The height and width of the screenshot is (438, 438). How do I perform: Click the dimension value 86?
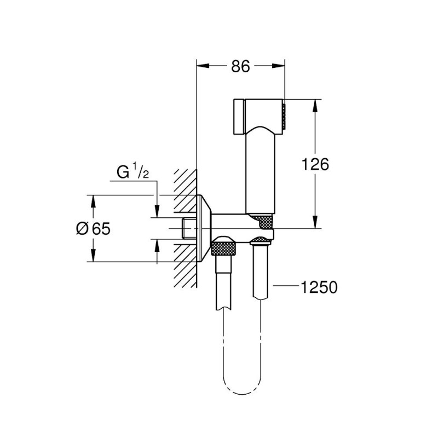[x=240, y=66]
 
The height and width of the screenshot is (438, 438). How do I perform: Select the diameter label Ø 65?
[x=93, y=228]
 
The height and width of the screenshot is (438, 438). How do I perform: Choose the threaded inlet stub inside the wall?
[x=188, y=228]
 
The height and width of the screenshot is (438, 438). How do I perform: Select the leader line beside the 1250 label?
[x=285, y=286]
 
